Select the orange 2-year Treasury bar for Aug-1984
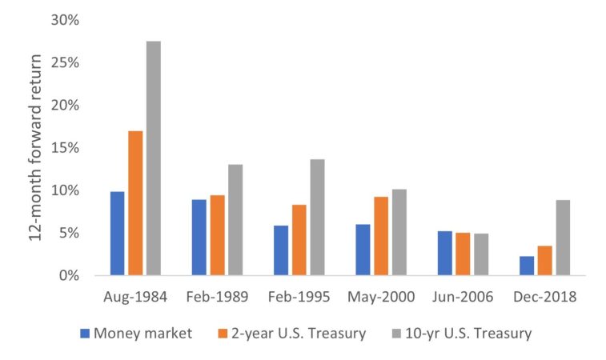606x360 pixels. pyautogui.click(x=135, y=203)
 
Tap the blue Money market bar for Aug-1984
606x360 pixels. pyautogui.click(x=118, y=234)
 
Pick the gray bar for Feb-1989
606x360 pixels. pyautogui.click(x=235, y=220)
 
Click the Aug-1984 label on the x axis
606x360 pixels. pyautogui.click(x=134, y=297)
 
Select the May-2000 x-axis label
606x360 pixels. pyautogui.click(x=380, y=297)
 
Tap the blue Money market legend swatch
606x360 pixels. pyautogui.click(x=85, y=334)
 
